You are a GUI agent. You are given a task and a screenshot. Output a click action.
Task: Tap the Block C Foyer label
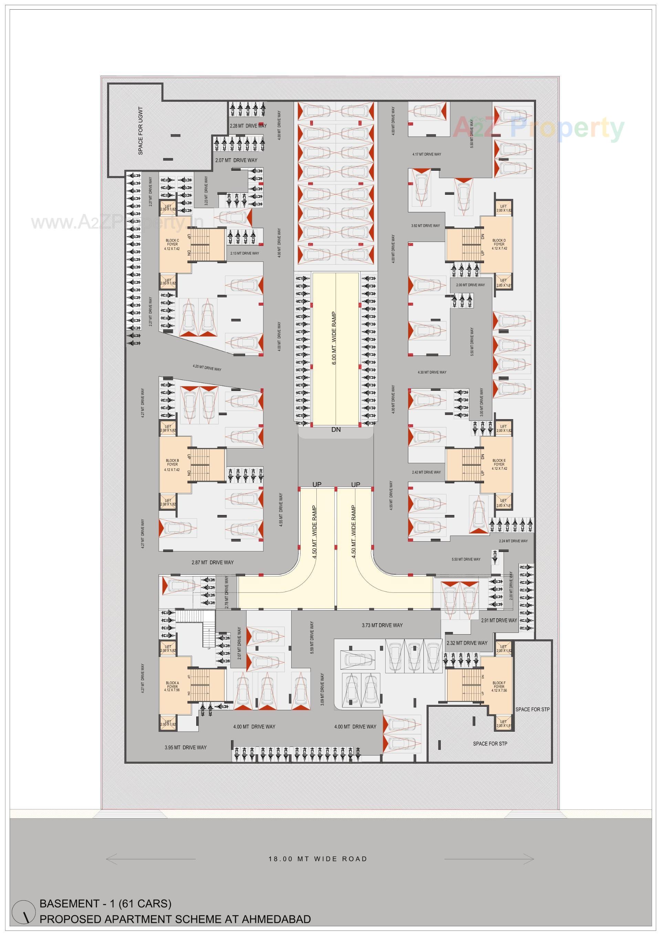(x=172, y=244)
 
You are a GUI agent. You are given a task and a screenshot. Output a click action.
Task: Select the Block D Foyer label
(x=499, y=244)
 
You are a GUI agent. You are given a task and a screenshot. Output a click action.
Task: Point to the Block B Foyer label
(x=172, y=465)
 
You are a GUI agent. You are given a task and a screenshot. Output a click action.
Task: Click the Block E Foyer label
(x=499, y=465)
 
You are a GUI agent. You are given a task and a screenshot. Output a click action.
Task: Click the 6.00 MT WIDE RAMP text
(x=334, y=338)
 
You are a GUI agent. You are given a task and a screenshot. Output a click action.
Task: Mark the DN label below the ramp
(x=336, y=429)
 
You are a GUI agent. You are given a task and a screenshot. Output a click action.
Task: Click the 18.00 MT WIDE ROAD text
(x=318, y=859)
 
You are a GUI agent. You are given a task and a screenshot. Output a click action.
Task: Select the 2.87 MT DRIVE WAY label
(x=212, y=562)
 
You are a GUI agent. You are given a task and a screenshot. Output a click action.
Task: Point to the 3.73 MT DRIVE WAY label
(x=382, y=625)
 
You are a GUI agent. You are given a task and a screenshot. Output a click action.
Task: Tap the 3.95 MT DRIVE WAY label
(x=186, y=747)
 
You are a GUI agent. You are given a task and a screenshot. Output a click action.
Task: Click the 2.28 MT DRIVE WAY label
(x=248, y=126)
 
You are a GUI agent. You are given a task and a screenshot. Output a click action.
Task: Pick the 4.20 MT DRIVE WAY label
(x=207, y=369)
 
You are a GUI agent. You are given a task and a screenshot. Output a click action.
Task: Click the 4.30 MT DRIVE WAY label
(x=432, y=372)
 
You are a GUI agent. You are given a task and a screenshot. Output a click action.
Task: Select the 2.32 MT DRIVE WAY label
(x=466, y=643)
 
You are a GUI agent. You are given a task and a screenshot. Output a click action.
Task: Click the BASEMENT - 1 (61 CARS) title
(x=105, y=904)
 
